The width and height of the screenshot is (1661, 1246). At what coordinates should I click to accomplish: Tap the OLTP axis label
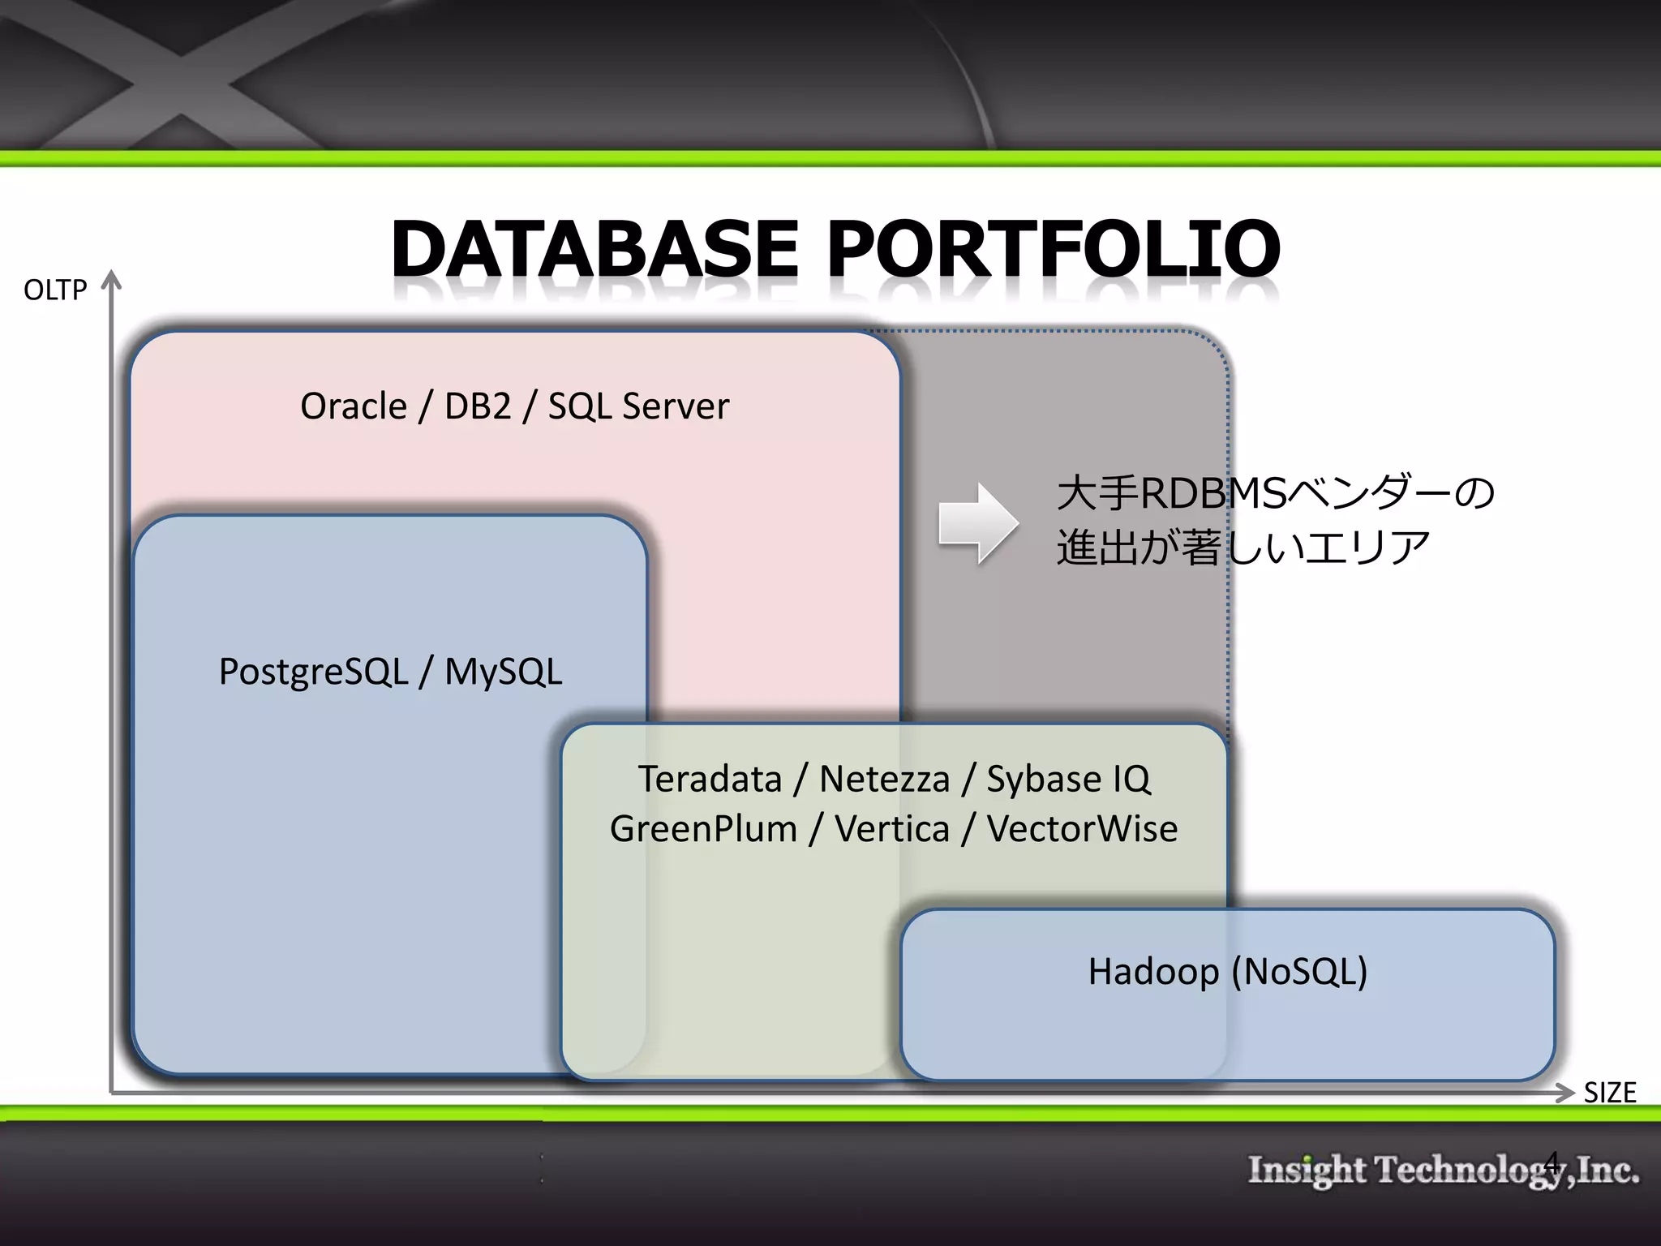click(55, 290)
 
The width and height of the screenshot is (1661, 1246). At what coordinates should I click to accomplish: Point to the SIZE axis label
click(1609, 1093)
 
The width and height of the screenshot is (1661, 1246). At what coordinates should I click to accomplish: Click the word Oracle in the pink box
click(354, 406)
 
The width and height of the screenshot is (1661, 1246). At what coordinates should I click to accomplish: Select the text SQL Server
click(638, 406)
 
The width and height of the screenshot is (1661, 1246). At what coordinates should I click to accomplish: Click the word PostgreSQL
click(313, 672)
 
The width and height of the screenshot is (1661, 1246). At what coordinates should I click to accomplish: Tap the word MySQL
click(503, 672)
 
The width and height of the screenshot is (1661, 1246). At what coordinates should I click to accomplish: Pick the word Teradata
click(710, 779)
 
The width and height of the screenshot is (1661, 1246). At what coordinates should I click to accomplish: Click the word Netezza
click(884, 779)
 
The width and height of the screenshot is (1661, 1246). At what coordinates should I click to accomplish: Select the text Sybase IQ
click(1068, 779)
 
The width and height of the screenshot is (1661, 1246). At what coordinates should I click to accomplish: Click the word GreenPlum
click(703, 829)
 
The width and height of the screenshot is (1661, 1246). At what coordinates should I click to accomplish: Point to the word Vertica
click(892, 829)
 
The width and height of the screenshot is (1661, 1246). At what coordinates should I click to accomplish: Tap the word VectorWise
click(1082, 829)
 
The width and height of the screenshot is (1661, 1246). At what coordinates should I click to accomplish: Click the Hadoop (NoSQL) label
click(1227, 971)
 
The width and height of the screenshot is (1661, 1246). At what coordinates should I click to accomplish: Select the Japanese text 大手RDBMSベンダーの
click(1275, 492)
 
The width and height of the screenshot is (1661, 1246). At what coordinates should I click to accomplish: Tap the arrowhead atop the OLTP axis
click(111, 280)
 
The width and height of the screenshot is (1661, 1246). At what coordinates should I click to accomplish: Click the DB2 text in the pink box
click(478, 406)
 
